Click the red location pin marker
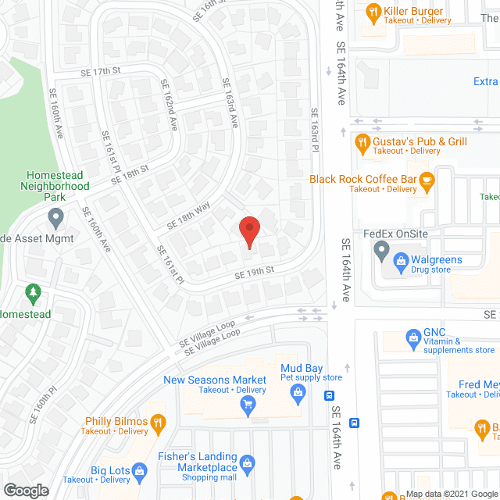tap(248, 232)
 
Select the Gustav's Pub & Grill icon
tap(362, 142)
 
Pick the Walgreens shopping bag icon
tap(401, 259)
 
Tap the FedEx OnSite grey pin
tap(381, 251)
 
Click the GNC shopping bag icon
tap(413, 337)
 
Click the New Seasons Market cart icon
tap(248, 404)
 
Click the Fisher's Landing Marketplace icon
tap(248, 463)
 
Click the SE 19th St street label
tap(255, 274)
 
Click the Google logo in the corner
tap(25, 491)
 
